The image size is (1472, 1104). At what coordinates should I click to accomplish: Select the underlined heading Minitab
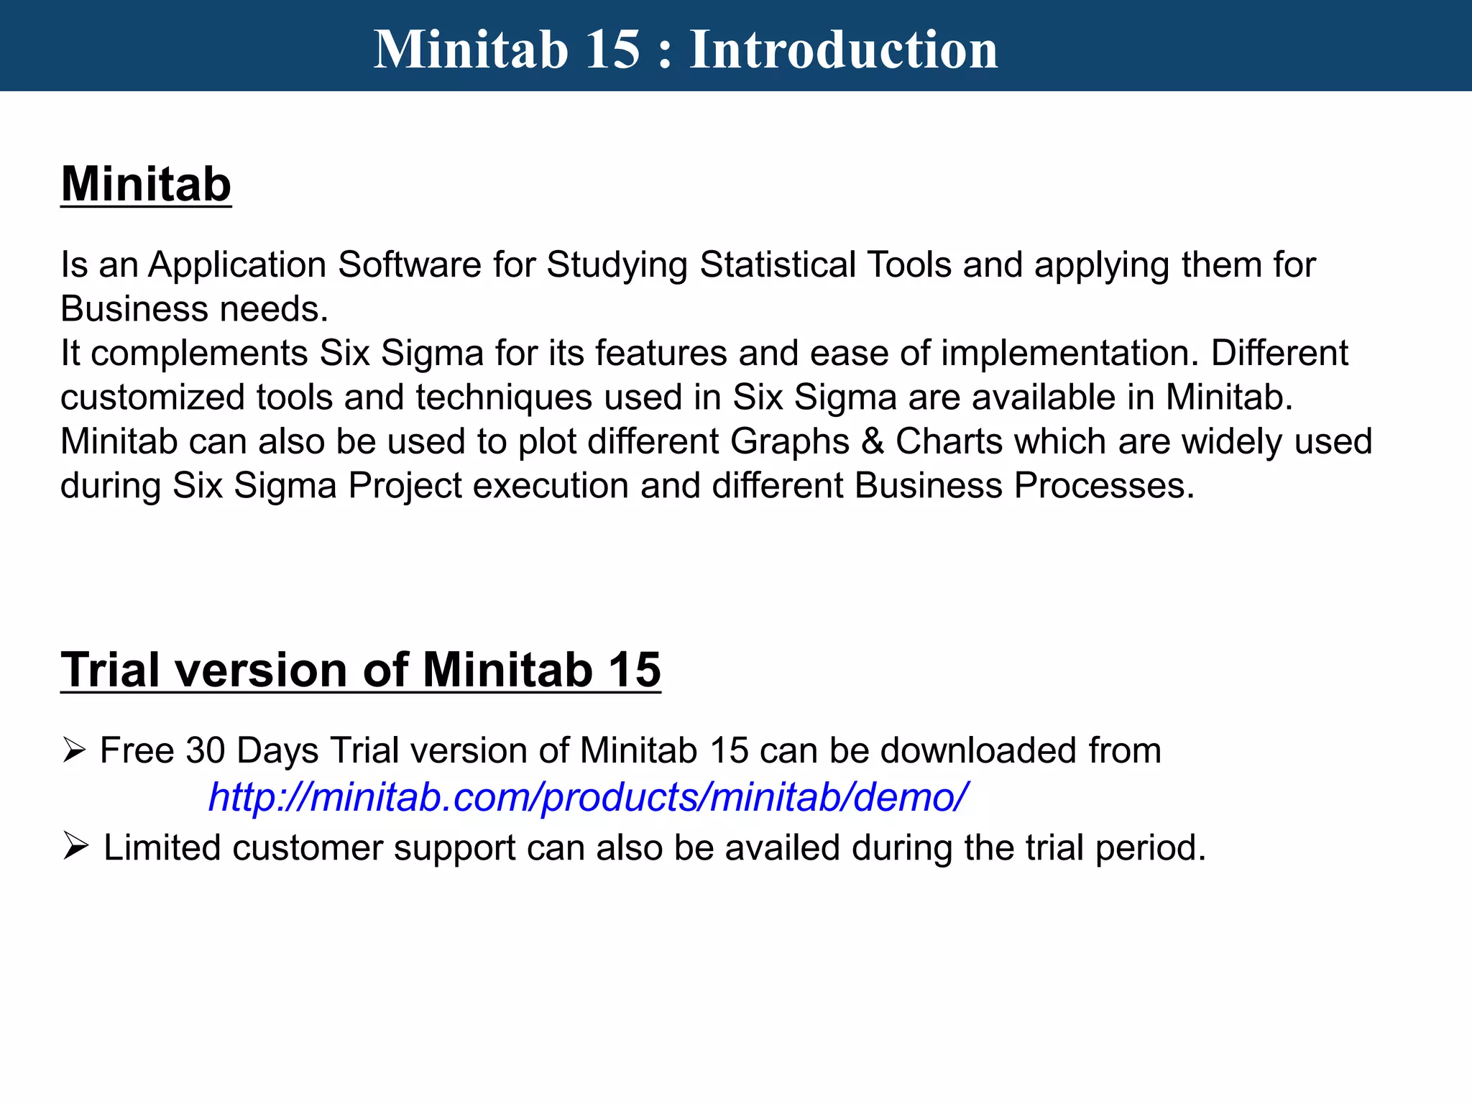click(x=146, y=185)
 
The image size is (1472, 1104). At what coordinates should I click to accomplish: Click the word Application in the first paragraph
click(x=237, y=265)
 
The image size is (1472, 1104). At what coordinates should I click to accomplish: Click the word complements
click(x=200, y=354)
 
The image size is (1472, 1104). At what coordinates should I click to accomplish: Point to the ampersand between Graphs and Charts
click(x=872, y=441)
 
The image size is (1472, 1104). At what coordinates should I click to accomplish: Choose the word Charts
click(x=949, y=441)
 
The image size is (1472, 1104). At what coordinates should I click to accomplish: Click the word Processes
click(x=1104, y=486)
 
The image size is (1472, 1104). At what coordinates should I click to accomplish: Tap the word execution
click(x=551, y=486)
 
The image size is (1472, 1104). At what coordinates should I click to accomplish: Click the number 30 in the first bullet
click(x=206, y=750)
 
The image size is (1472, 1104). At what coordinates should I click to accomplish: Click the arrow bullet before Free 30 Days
click(x=73, y=750)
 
